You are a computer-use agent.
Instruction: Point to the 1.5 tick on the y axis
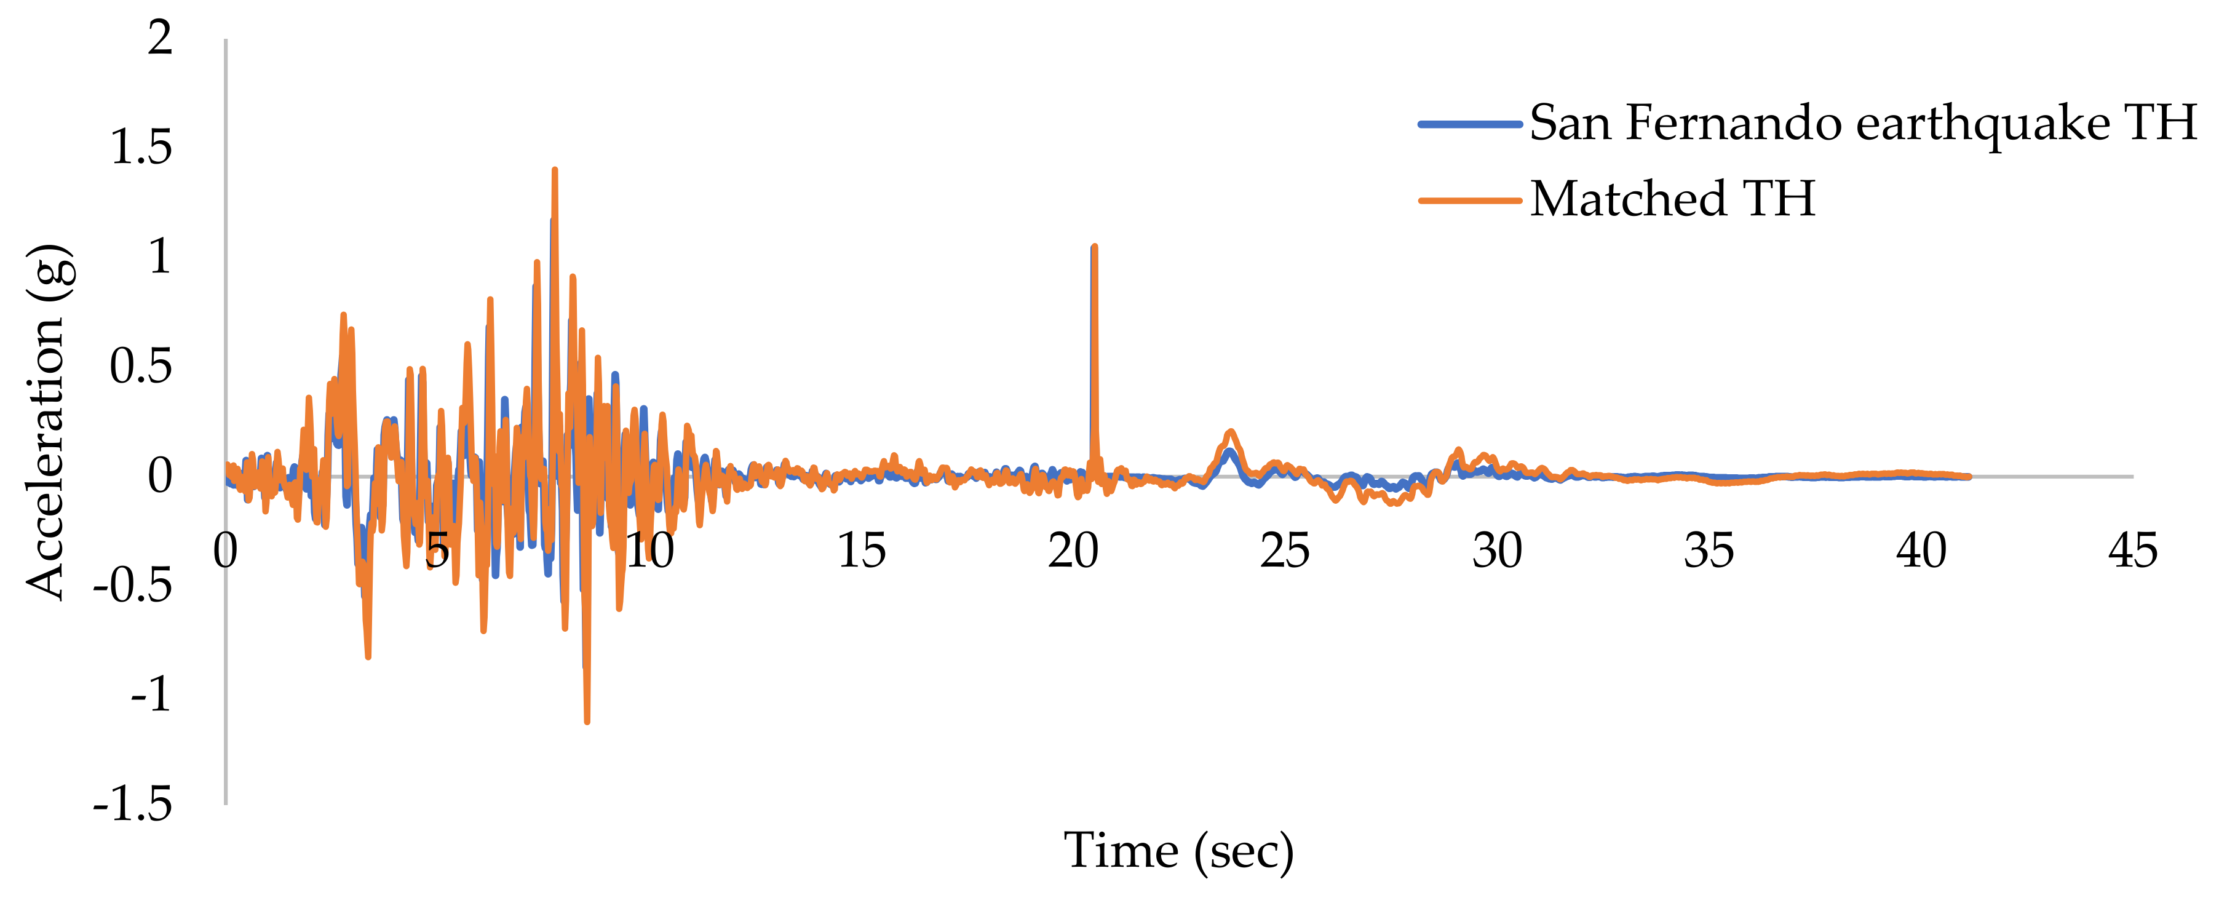click(x=141, y=148)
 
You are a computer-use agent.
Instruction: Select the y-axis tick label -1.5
click(x=133, y=805)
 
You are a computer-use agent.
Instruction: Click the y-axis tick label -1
click(x=152, y=695)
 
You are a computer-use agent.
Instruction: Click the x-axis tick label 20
click(x=1073, y=551)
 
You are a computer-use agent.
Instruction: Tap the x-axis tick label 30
click(x=1497, y=551)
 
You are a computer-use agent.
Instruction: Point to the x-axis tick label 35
click(x=1709, y=551)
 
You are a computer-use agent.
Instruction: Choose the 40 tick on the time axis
click(x=1921, y=551)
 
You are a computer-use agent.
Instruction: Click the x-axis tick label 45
click(x=2133, y=551)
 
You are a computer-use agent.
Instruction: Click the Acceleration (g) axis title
click(x=47, y=422)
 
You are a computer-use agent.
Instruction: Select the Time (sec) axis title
click(x=1178, y=851)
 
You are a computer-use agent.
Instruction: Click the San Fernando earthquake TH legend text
click(x=1862, y=123)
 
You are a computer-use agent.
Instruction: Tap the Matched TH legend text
click(x=1672, y=199)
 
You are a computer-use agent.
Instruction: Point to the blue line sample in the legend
click(x=1469, y=125)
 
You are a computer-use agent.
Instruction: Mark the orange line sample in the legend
click(x=1469, y=201)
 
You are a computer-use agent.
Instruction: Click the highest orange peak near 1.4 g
click(x=555, y=170)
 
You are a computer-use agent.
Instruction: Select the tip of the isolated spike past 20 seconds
click(x=1094, y=247)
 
